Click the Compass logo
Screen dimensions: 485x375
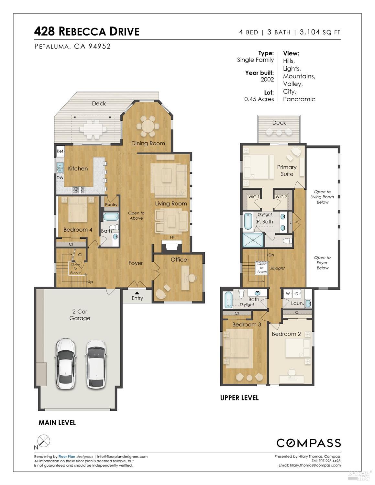click(x=308, y=443)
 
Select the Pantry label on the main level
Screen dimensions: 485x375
click(x=111, y=204)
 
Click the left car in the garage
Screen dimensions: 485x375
click(x=66, y=363)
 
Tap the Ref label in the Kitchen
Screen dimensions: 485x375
click(x=60, y=151)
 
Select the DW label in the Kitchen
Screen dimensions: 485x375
click(x=60, y=178)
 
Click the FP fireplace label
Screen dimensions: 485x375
click(x=172, y=237)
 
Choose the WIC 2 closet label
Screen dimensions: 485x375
click(x=281, y=197)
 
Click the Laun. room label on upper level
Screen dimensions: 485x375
click(x=297, y=303)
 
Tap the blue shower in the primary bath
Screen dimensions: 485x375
click(x=253, y=240)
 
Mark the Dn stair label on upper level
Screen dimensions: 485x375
click(x=271, y=255)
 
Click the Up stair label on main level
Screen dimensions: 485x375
click(x=90, y=282)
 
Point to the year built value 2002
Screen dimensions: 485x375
click(x=267, y=80)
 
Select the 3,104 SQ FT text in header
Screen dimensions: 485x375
click(x=320, y=32)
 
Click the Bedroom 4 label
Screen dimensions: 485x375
click(x=78, y=230)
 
